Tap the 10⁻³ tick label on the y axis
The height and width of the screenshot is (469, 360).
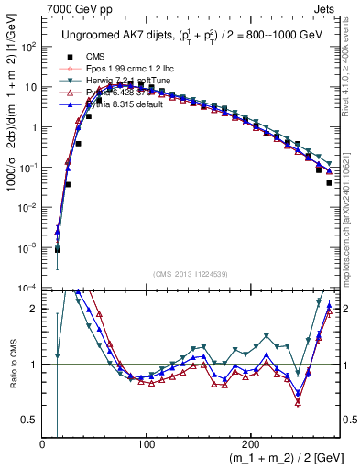[28, 247]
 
